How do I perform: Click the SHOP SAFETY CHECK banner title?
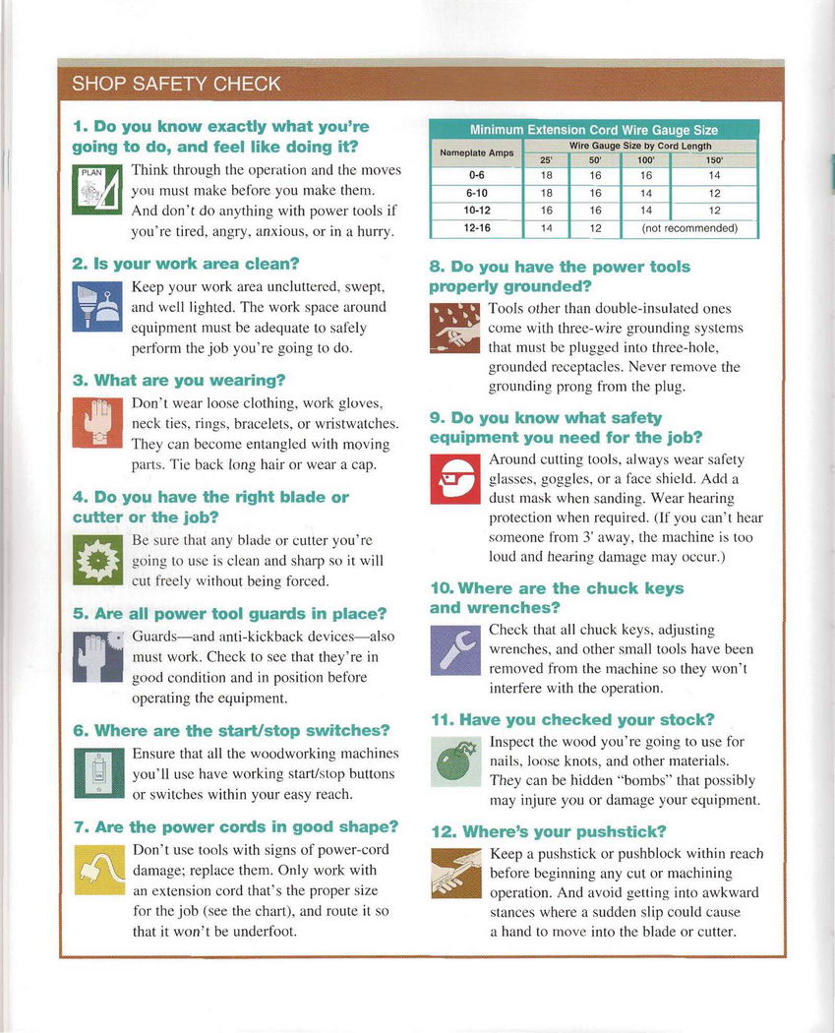pyautogui.click(x=176, y=84)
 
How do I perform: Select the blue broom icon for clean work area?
pyautogui.click(x=97, y=306)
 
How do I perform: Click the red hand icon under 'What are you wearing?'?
pyautogui.click(x=97, y=423)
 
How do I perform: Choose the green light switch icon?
pyautogui.click(x=97, y=773)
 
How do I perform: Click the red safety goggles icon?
pyautogui.click(x=453, y=479)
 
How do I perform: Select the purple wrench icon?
pyautogui.click(x=453, y=650)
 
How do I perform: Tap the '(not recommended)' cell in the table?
pyautogui.click(x=687, y=228)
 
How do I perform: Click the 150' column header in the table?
pyautogui.click(x=714, y=159)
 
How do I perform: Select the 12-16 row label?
pyautogui.click(x=477, y=228)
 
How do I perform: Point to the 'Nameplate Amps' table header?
pyautogui.click(x=477, y=152)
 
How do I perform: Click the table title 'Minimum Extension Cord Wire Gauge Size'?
pyautogui.click(x=593, y=130)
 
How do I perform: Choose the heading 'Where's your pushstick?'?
pyautogui.click(x=549, y=831)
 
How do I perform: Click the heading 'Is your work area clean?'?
pyautogui.click(x=186, y=264)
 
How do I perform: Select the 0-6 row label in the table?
pyautogui.click(x=477, y=175)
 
